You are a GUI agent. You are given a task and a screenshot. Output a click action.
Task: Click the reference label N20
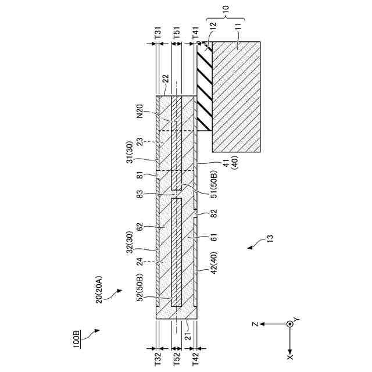coord(139,111)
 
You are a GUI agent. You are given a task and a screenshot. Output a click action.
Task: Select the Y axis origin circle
coord(290,323)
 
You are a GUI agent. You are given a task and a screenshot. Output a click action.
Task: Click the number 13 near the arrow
coord(270,237)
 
